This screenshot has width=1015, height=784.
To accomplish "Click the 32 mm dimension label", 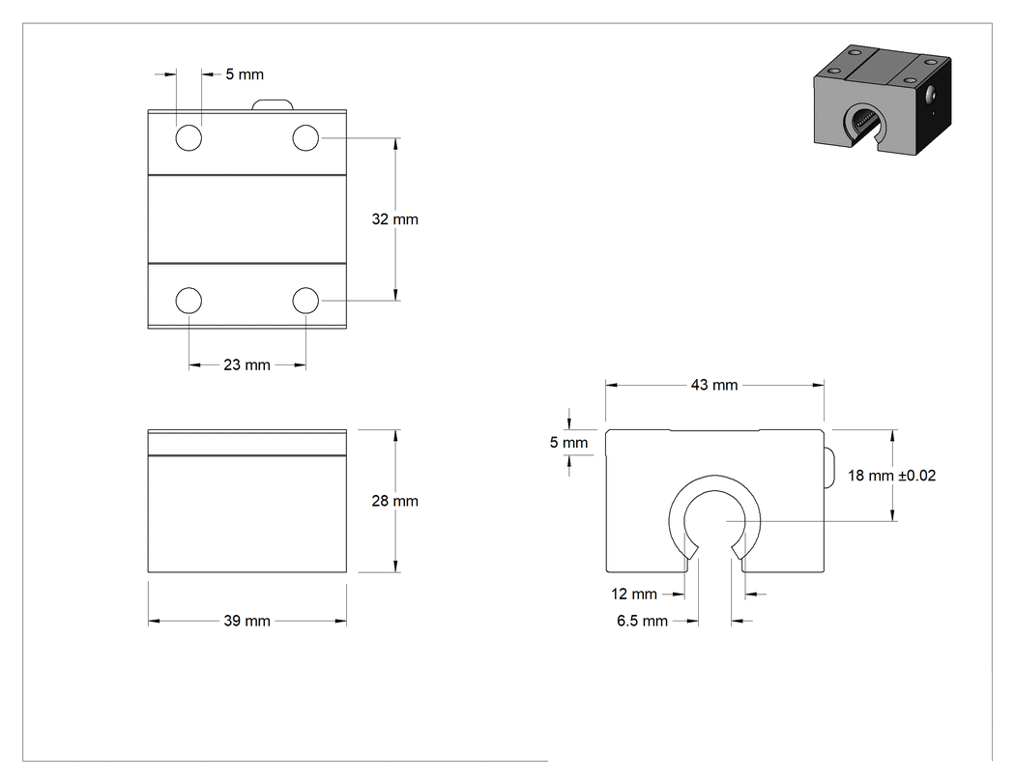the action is (394, 219).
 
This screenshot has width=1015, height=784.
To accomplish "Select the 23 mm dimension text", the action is (246, 365).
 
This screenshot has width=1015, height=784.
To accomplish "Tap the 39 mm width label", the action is (246, 621).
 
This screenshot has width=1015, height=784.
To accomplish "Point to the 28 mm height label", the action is (394, 501).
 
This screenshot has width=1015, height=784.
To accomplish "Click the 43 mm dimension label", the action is (714, 385).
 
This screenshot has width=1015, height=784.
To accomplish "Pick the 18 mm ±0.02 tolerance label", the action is (891, 476).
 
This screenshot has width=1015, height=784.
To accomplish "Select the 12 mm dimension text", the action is (634, 595).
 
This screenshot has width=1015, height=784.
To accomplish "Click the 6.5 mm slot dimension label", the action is (642, 622).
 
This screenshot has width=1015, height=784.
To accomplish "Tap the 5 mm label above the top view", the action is (245, 75).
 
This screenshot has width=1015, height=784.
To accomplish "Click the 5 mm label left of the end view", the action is (569, 443).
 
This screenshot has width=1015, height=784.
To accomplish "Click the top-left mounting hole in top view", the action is (189, 138).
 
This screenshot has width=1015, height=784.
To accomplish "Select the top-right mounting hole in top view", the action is (305, 138).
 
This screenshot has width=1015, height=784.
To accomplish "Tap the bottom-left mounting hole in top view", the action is (189, 301).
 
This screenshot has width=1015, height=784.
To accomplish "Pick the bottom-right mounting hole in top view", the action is (305, 301).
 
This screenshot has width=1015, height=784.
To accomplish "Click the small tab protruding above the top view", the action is (273, 104).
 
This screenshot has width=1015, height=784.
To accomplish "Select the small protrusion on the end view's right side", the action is (828, 467).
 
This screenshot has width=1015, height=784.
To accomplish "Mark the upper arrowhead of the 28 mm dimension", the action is (395, 435).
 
